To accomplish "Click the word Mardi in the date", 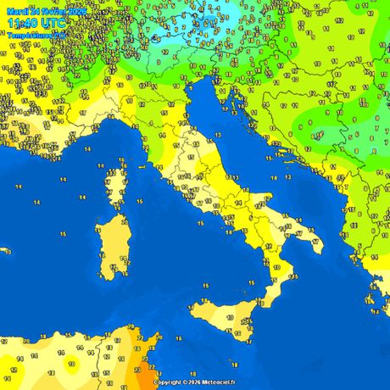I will click(17, 11).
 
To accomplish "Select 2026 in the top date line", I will click(75, 11).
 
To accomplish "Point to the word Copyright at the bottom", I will click(168, 382).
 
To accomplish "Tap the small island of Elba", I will click(144, 169).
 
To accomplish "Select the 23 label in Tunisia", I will click(138, 370).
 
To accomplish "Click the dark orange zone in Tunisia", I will click(146, 373).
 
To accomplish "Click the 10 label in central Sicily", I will click(229, 316).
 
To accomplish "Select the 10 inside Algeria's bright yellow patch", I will click(72, 364).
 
